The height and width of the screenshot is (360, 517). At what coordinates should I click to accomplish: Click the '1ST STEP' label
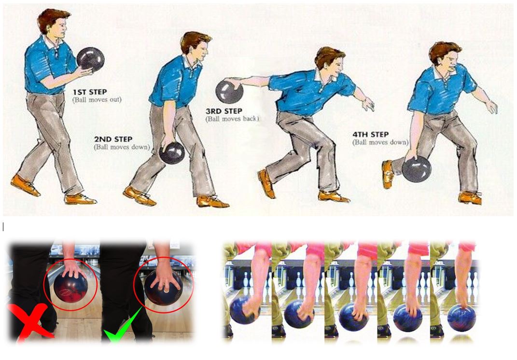pos(90,92)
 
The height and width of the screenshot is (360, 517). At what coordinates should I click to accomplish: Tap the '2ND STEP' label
pos(113,139)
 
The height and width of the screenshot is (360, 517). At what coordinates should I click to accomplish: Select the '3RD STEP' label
pos(224,111)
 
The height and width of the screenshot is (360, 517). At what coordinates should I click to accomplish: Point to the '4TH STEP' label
pos(371,135)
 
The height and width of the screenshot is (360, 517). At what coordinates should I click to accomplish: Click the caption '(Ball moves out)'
pos(97,99)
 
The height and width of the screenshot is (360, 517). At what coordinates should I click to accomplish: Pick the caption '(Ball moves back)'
pos(233,119)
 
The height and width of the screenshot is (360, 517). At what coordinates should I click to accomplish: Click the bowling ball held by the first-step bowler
pos(90,59)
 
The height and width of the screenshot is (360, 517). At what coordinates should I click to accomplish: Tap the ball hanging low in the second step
pos(172,153)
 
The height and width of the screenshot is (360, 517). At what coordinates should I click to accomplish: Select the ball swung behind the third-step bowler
pos(229,92)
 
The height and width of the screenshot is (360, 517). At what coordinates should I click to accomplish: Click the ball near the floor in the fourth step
pos(417,169)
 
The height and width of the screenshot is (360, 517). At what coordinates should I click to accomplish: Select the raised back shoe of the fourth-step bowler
pos(388,174)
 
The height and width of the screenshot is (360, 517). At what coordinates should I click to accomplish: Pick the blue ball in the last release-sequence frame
pos(461,318)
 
